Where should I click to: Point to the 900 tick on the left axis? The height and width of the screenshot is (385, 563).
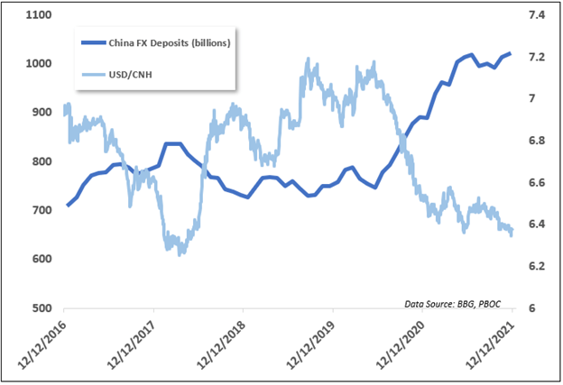click(41, 113)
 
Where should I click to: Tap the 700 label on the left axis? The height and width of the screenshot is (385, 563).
click(41, 210)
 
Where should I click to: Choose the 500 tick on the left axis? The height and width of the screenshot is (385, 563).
click(41, 307)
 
